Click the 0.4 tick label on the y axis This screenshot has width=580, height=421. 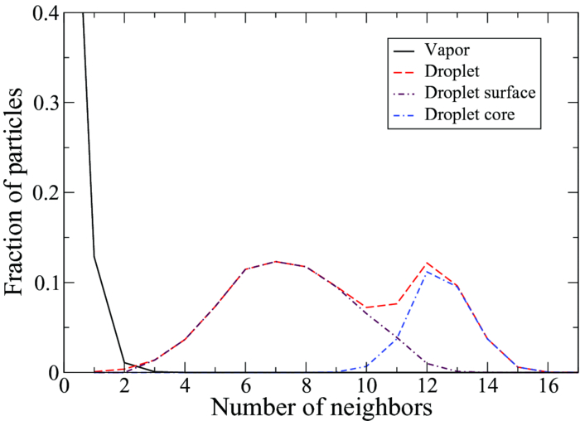[x=36, y=13]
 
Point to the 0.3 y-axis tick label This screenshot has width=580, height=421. [x=36, y=103]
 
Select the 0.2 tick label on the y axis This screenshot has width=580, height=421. [x=36, y=193]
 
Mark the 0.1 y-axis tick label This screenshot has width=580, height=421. [x=36, y=283]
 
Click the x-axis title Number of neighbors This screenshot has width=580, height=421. [x=321, y=408]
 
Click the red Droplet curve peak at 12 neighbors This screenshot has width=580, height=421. [x=426, y=263]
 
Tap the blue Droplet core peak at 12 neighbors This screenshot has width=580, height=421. [x=426, y=272]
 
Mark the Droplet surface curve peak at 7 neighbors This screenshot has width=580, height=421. [x=275, y=261]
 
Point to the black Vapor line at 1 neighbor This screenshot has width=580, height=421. [x=94, y=256]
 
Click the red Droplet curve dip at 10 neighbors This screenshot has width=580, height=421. [x=365, y=307]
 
